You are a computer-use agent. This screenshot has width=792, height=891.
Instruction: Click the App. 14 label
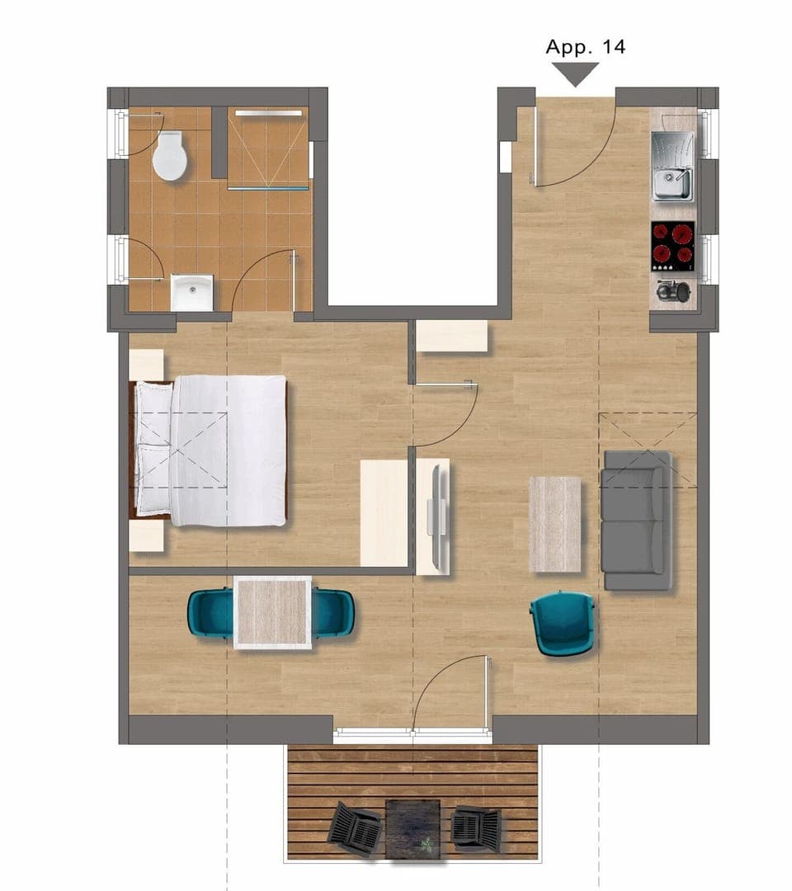point(585,46)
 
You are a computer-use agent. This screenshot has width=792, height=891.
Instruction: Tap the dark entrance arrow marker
point(575,74)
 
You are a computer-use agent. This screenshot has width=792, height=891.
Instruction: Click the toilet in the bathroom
point(171,156)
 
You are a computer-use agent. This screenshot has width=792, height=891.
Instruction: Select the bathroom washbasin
point(191,293)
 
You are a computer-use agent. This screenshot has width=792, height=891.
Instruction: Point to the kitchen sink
point(673,167)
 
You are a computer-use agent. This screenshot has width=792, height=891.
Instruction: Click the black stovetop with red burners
point(672,246)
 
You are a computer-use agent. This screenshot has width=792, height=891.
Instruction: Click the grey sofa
point(635,520)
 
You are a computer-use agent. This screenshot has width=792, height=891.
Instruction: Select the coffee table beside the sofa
point(554,524)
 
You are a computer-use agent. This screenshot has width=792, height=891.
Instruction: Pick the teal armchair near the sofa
point(563,623)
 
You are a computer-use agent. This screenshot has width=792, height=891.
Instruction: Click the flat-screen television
point(437,516)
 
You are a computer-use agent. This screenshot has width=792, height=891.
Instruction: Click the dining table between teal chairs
point(272,612)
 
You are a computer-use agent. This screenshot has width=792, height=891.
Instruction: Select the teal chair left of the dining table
point(210,613)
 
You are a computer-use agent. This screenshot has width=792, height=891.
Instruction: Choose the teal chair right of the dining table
point(334,613)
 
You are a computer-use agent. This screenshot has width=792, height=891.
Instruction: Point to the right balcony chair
point(476,827)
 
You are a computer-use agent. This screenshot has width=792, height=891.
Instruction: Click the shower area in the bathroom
point(268,148)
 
